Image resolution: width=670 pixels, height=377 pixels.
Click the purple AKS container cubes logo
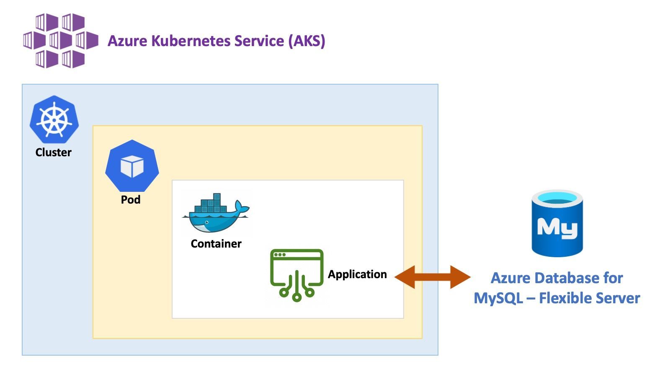coord(61,41)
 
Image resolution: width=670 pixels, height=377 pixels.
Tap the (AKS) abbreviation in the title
coord(307,41)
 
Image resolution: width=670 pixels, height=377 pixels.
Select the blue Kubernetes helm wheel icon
coord(54,120)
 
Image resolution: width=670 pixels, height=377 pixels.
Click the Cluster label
coord(53,152)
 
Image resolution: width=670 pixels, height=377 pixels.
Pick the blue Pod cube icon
coord(132,166)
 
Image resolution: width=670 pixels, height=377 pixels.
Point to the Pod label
coord(131,200)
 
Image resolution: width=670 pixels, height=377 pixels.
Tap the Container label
coord(216,244)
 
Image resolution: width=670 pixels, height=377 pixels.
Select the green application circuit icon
coord(296,275)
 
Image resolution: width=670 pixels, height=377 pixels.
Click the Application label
coord(357,274)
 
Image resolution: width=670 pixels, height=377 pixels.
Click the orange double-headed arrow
coord(432,277)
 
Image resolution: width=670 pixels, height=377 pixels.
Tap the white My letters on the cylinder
coord(557,228)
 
